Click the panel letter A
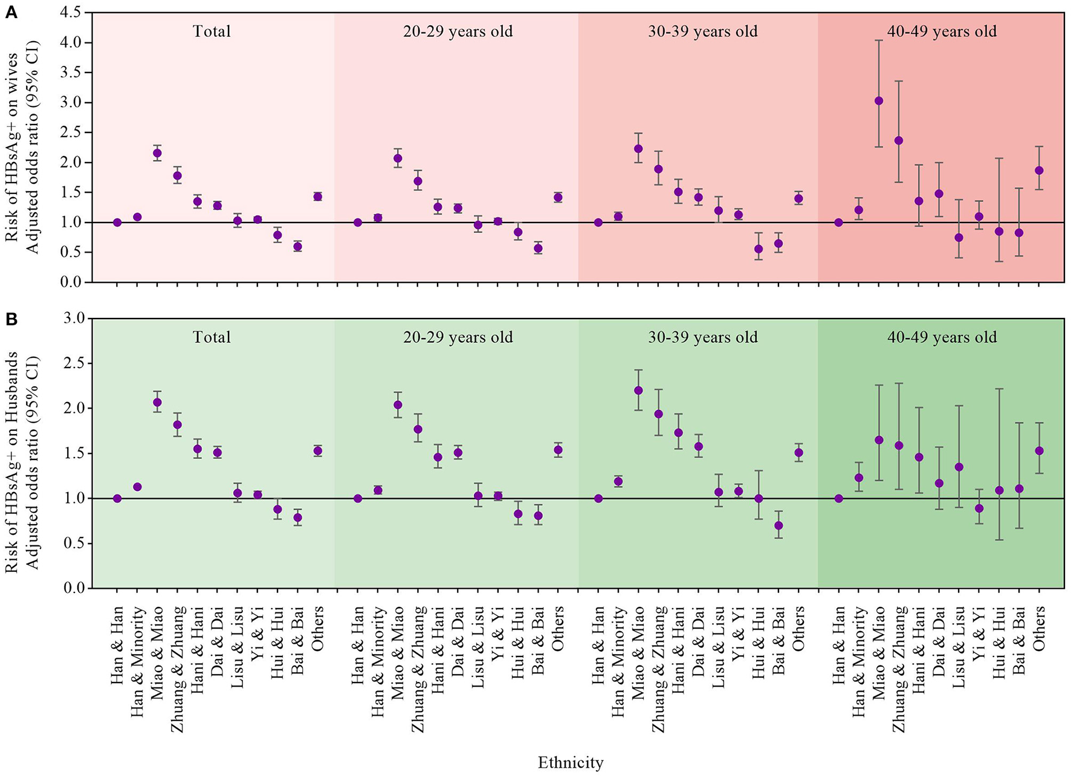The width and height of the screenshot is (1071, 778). [11, 13]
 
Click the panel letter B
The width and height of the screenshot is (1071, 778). [11, 319]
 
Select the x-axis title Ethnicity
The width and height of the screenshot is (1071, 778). [570, 762]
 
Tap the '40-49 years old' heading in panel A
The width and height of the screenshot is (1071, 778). [942, 31]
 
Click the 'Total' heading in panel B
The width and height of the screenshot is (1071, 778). [212, 337]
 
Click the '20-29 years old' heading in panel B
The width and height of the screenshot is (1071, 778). [458, 337]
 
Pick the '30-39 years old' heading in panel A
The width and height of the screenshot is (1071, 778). [702, 31]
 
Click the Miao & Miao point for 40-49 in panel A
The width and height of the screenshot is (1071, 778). [879, 101]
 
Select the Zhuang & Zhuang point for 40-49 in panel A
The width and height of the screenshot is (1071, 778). [899, 141]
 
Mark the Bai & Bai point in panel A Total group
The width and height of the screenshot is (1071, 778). [297, 247]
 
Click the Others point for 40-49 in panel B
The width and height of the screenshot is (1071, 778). [1039, 451]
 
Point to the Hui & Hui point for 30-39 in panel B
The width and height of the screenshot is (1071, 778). [759, 499]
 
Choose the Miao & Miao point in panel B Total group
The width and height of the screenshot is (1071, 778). [157, 403]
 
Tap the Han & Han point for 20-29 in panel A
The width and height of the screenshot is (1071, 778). [358, 222]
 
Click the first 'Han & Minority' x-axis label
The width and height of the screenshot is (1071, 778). [138, 662]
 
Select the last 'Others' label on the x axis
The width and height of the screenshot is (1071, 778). [1039, 629]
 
